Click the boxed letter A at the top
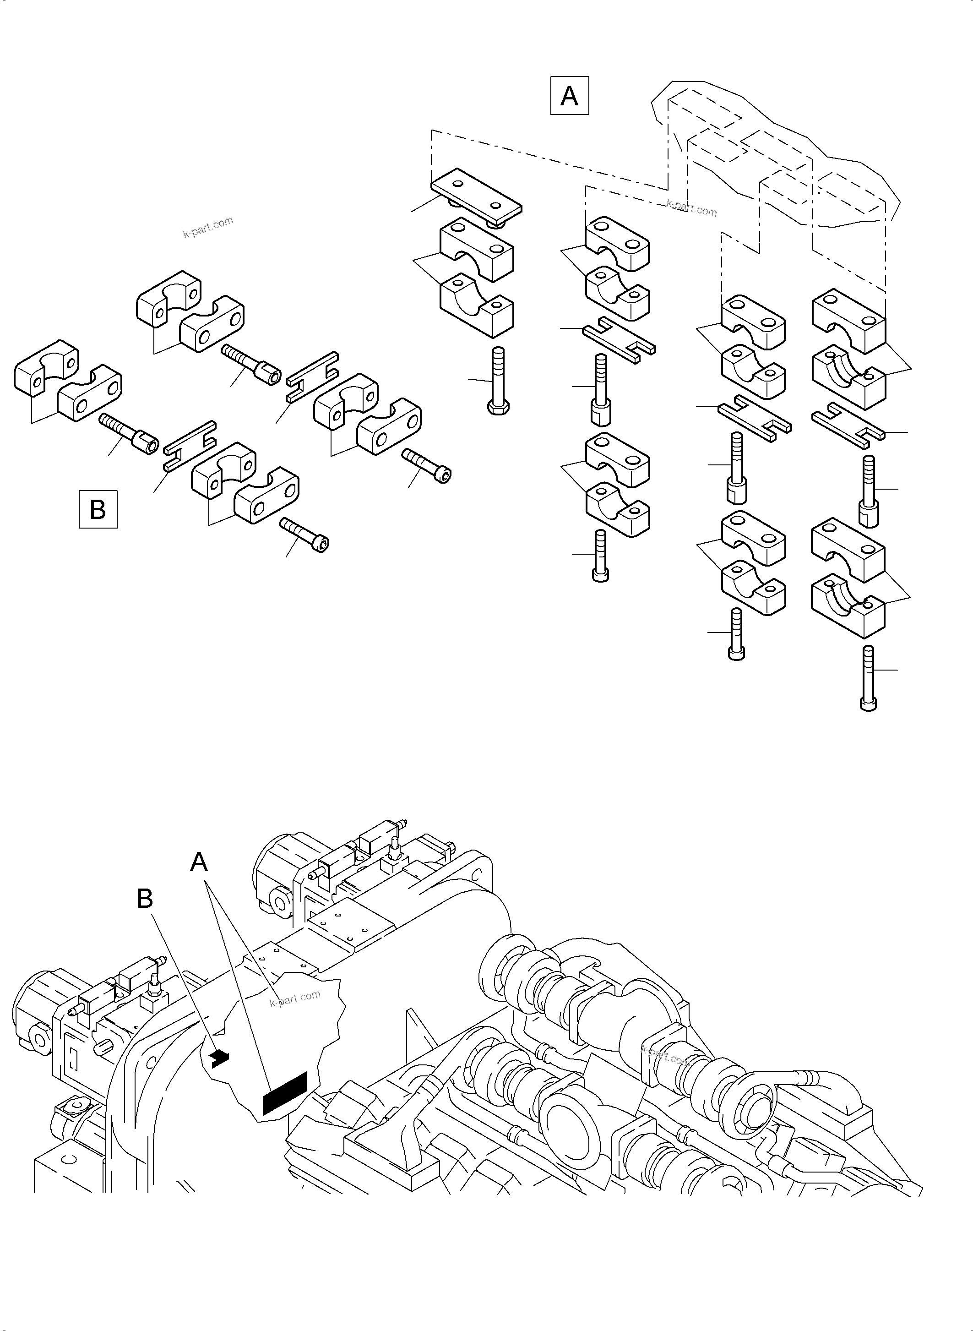click(x=569, y=95)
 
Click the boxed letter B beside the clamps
click(x=98, y=509)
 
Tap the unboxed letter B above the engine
click(x=145, y=899)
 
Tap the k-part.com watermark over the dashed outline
click(x=691, y=208)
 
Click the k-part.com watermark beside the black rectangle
click(x=294, y=998)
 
